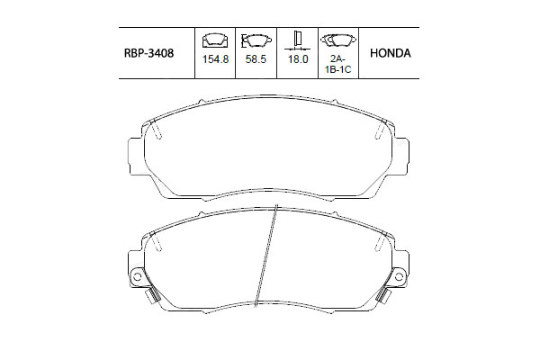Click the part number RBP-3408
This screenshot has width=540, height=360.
148,53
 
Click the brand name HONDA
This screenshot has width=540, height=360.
390,53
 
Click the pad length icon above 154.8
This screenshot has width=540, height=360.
215,40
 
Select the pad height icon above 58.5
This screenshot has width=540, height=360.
256,40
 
